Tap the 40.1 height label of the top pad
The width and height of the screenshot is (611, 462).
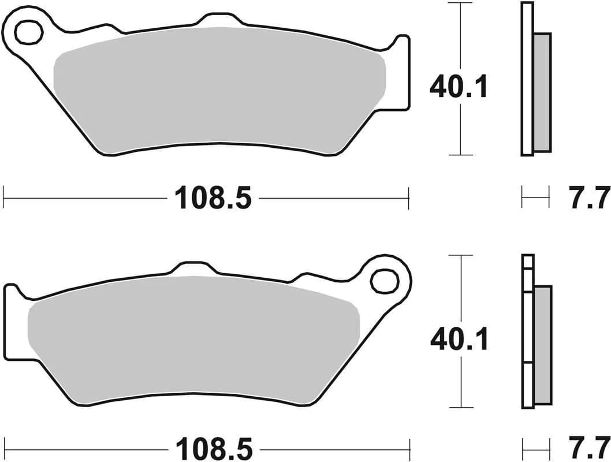[459, 87]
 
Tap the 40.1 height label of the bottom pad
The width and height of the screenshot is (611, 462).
[459, 340]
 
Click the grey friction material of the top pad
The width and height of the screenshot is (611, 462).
[219, 87]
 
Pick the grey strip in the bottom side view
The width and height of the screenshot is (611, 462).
[542, 344]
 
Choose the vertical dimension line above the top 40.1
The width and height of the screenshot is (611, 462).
[460, 35]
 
